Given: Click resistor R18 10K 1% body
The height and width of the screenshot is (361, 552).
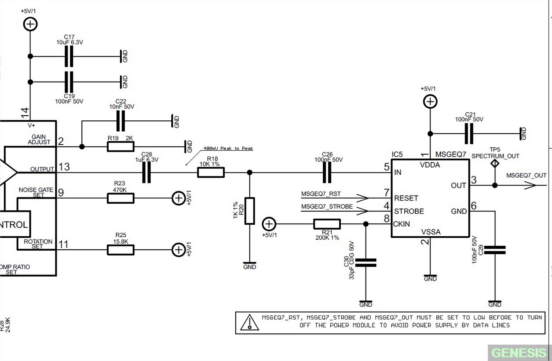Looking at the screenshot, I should coord(211,172).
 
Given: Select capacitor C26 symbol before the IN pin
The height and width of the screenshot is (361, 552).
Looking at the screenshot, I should coord(327,172).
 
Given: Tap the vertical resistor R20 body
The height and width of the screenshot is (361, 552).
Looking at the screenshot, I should coord(249,211).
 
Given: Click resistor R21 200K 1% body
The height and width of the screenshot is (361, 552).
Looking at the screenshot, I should coord(327,224).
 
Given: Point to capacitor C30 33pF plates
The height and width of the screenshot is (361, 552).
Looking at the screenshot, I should coord(366,262).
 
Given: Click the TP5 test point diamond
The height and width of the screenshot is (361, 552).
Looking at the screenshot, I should coord(495,163).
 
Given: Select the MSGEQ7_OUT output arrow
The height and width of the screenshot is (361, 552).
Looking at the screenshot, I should coord(530,185).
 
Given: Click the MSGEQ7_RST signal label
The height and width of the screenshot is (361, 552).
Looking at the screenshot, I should coord(321,194).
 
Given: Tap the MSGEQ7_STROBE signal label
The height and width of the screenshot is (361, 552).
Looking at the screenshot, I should coord(327,207).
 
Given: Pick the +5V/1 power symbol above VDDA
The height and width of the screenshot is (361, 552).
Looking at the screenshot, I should coord(430,102).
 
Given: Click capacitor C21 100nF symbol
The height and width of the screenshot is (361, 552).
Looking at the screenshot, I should coord(469,134).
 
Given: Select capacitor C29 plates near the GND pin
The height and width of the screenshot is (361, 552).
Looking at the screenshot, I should coord(495,250).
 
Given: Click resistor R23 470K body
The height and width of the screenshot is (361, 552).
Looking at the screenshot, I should coord(120,198).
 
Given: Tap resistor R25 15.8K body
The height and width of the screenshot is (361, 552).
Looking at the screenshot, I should coord(120,250).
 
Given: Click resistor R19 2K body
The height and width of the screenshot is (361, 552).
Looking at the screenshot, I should coord(120,146).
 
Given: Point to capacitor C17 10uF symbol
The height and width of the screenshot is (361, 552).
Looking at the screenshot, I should coord(69,56).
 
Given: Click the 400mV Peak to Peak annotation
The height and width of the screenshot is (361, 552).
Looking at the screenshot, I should coord(228,148).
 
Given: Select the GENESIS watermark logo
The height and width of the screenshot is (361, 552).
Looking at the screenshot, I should coord(519,353).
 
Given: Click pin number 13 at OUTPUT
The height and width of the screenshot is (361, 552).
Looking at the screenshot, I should coord(64,167).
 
